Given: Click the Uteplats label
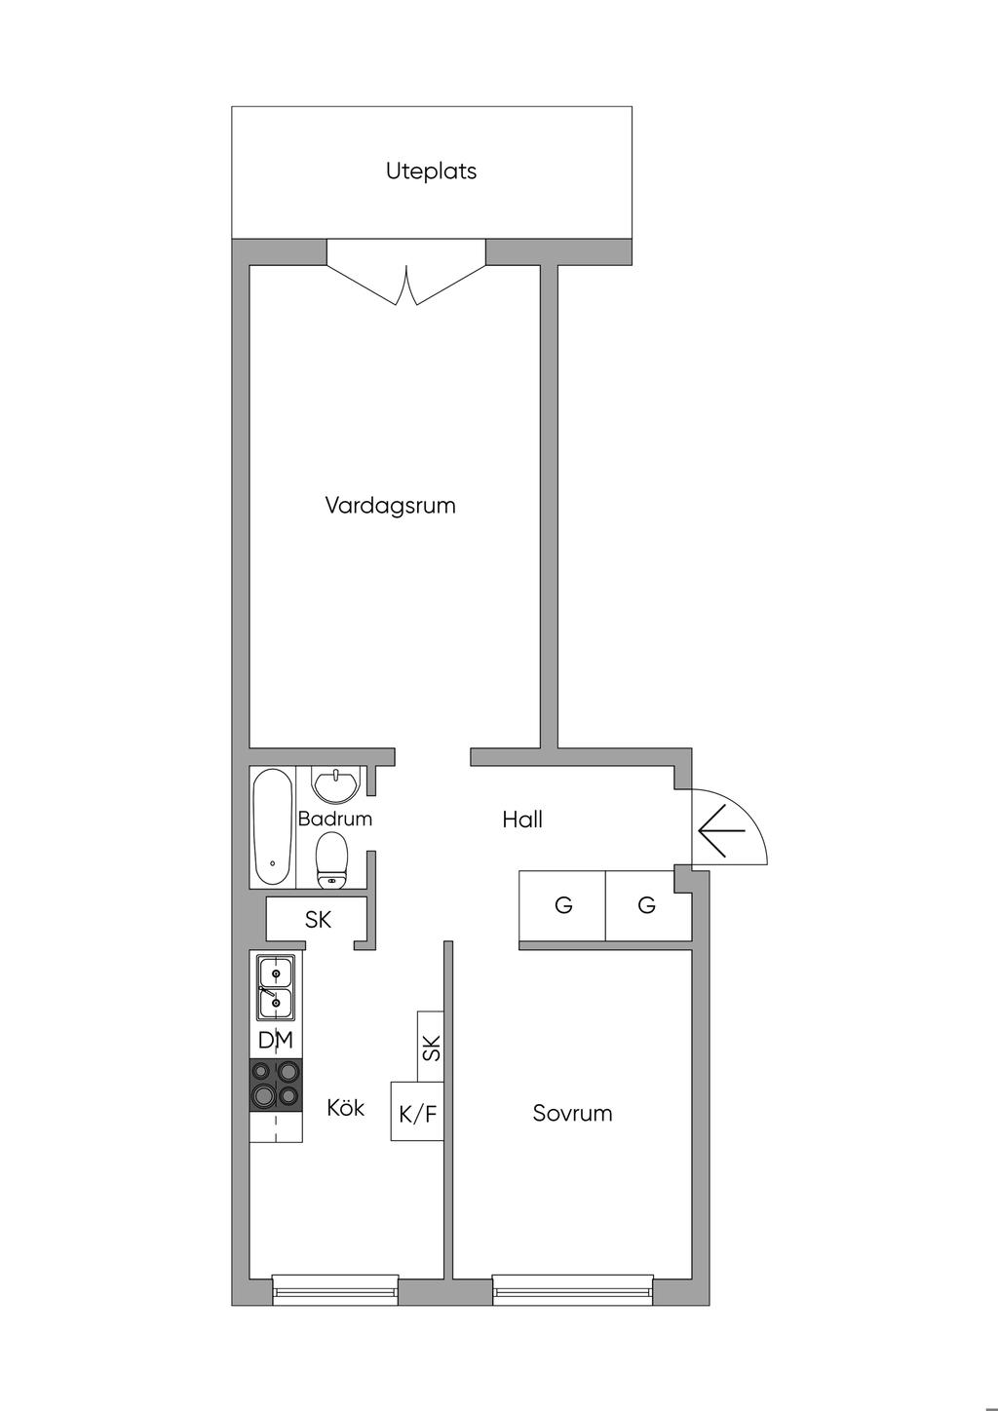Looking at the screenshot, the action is [x=431, y=171].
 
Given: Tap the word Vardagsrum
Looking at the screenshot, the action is [x=390, y=505].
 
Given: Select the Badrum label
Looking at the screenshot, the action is [x=334, y=819].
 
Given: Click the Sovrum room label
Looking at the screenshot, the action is [x=572, y=1113].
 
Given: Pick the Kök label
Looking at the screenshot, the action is [x=345, y=1107].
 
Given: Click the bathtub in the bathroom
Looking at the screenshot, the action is [x=272, y=827].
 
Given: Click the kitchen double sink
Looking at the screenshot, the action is [x=276, y=988].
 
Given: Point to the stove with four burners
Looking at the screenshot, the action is [x=276, y=1086].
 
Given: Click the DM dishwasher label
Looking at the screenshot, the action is [x=276, y=1040].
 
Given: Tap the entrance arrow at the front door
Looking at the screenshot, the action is [x=722, y=831].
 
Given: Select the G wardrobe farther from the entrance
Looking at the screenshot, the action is [x=562, y=906].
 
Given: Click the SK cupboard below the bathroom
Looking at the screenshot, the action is [x=317, y=919].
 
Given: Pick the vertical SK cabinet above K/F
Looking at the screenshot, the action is [x=431, y=1047].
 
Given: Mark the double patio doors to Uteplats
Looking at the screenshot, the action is [x=406, y=277].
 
